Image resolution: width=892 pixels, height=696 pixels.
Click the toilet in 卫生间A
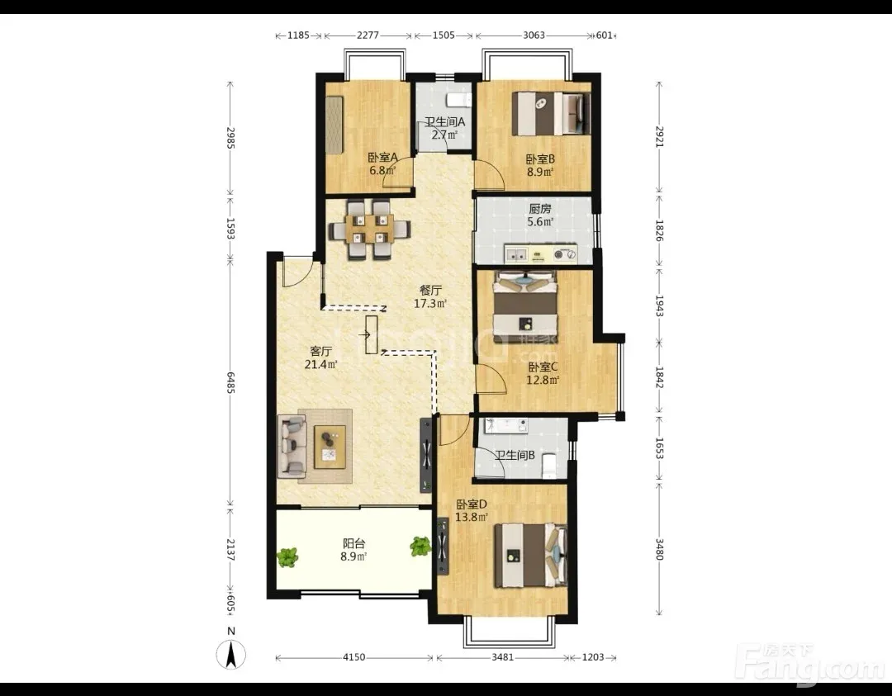pos(458,101)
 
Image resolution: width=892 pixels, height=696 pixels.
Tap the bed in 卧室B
pos(551,114)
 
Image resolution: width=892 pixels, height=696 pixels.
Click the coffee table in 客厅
pos(330,447)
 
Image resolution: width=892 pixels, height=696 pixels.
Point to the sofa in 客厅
pos(292,446)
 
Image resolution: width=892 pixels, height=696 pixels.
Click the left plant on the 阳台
pos(288,556)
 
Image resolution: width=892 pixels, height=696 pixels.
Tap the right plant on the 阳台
pos(420,547)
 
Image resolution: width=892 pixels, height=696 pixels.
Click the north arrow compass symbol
pos(231,654)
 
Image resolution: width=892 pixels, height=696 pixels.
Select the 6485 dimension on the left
pos(230,382)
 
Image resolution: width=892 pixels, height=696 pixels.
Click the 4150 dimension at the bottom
pos(353,657)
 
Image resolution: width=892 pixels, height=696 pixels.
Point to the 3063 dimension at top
pos(534,36)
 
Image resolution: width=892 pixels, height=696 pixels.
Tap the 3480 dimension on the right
pos(659,549)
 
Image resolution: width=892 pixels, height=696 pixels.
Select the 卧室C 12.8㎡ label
pos(543,373)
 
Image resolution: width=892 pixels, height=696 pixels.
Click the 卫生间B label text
pos(515,456)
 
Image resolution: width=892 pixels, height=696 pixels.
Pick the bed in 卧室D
pos(531,556)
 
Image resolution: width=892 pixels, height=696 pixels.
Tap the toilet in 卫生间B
pos(548,466)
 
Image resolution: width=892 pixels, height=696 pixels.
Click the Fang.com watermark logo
pos(810,664)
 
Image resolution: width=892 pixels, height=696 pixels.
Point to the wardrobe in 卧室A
pos(334,124)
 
